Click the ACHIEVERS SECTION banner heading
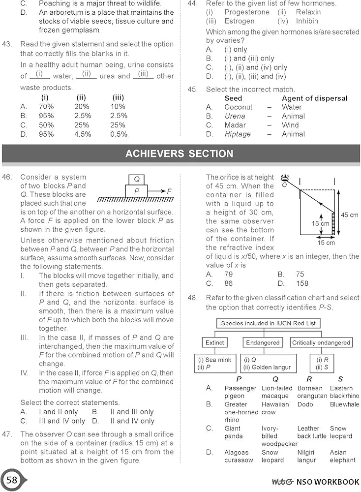click(x=179, y=154)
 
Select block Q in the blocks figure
click(x=136, y=179)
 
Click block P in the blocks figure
click(x=137, y=190)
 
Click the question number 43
click(x=7, y=44)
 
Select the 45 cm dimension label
click(x=350, y=215)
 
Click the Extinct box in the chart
click(x=214, y=342)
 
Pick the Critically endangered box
click(x=321, y=342)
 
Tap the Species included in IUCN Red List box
click(x=268, y=323)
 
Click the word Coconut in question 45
click(x=239, y=107)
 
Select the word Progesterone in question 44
click(x=247, y=12)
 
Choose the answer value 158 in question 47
click(x=302, y=283)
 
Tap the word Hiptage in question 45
click(x=238, y=134)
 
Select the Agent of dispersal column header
click(x=314, y=98)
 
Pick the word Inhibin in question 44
click(x=307, y=21)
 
